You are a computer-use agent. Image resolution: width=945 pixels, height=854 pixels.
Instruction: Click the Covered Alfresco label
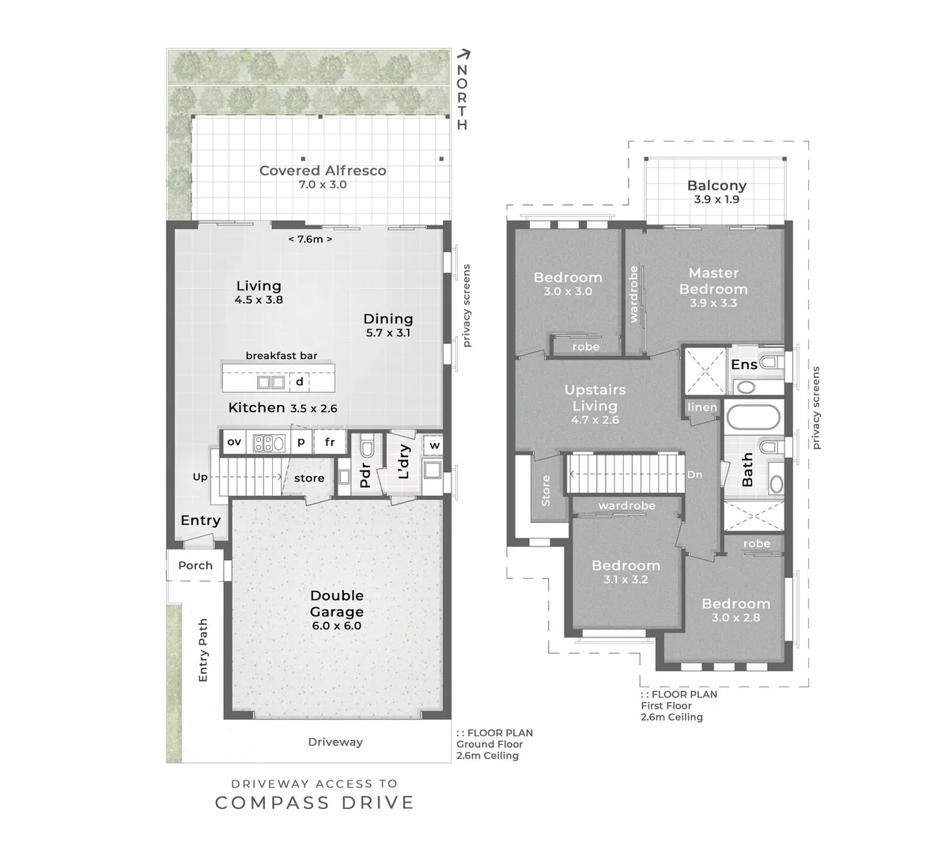pos(323,171)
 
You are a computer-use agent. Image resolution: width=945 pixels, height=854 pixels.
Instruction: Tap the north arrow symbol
pos(464,55)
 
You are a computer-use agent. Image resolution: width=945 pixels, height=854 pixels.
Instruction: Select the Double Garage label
pos(337,603)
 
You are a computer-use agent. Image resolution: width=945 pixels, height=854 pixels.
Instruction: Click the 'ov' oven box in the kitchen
pos(234,442)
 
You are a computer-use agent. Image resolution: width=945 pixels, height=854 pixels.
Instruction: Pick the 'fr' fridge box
pos(330,442)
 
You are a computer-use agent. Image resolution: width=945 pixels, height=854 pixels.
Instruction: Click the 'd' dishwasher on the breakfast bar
pos(300,382)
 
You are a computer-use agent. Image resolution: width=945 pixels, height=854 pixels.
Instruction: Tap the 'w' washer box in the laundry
pos(435,444)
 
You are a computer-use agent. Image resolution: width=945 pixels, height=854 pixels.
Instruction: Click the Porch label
pos(195,565)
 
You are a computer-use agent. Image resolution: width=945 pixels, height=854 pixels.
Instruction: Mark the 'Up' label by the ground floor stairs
pos(200,477)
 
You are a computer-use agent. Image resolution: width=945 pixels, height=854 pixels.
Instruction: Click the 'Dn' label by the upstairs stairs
pos(694,474)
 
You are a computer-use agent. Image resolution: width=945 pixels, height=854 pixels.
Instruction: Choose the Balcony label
pos(716,186)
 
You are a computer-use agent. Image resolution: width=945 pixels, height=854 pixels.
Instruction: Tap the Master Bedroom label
pos(713,281)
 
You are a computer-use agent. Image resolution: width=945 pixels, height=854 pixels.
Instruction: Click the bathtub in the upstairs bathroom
pos(753,417)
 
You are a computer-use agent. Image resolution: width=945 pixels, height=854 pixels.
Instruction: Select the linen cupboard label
pos(702,407)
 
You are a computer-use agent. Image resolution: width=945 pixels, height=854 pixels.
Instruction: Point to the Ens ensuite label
pos(743,364)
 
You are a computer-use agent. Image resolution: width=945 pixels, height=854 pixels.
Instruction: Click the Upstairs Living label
pos(595,398)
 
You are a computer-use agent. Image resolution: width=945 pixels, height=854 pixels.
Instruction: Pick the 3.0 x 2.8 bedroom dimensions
pos(735,617)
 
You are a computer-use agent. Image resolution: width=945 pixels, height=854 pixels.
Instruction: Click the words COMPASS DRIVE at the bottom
pos(315,803)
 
